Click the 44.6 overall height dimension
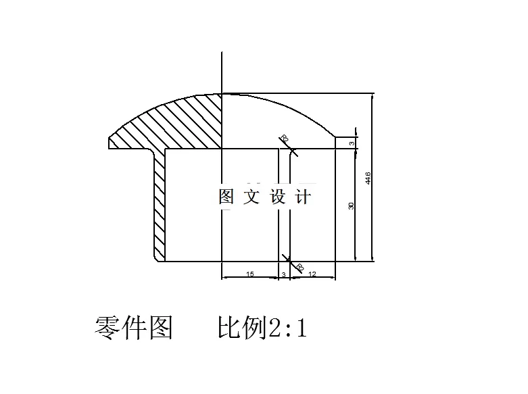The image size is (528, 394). click(367, 178)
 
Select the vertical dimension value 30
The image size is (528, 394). click(351, 205)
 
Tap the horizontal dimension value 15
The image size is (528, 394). click(249, 274)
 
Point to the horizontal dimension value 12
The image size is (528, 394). click(312, 274)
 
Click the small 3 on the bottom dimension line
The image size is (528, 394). click(283, 274)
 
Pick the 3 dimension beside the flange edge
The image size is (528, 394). click(352, 143)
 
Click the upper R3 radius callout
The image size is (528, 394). click(284, 139)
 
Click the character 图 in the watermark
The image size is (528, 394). click(226, 197)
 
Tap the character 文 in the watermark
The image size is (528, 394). click(251, 197)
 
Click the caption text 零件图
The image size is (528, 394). click(133, 328)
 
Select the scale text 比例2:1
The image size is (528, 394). click(262, 328)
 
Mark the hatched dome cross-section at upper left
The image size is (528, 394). click(183, 122)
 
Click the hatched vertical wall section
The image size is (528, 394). click(160, 203)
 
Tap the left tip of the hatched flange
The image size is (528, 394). click(110, 142)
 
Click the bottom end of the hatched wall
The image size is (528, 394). click(160, 258)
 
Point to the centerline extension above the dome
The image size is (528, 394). click(222, 71)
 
